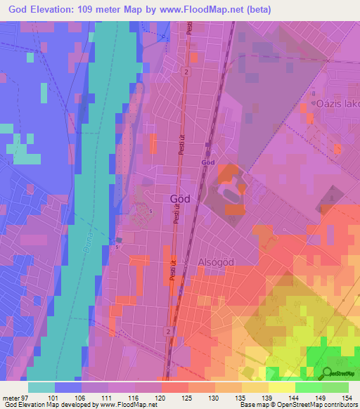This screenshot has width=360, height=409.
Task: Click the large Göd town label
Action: pyautogui.click(x=180, y=199)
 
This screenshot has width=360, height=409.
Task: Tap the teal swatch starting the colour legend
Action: pyautogui.click(x=41, y=387)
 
